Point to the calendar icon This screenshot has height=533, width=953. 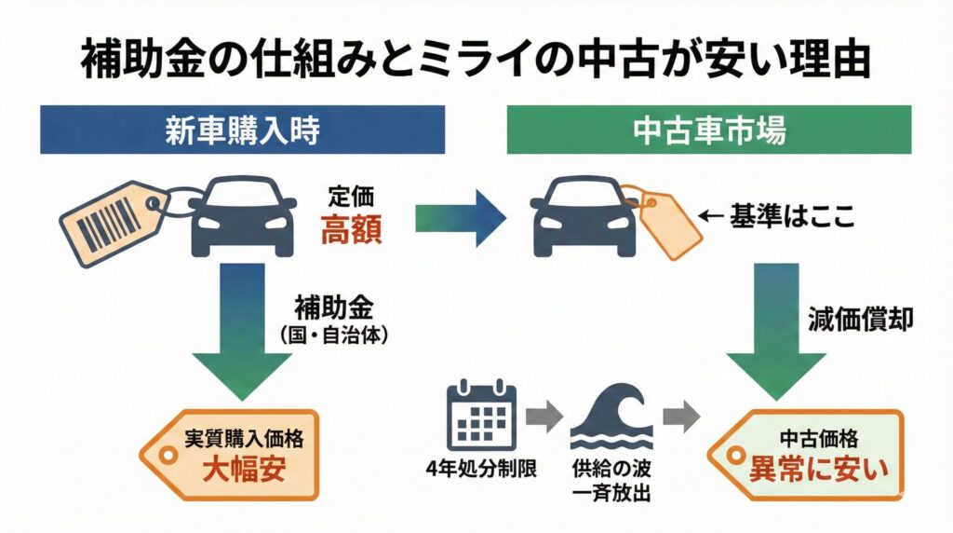click(481, 413)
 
